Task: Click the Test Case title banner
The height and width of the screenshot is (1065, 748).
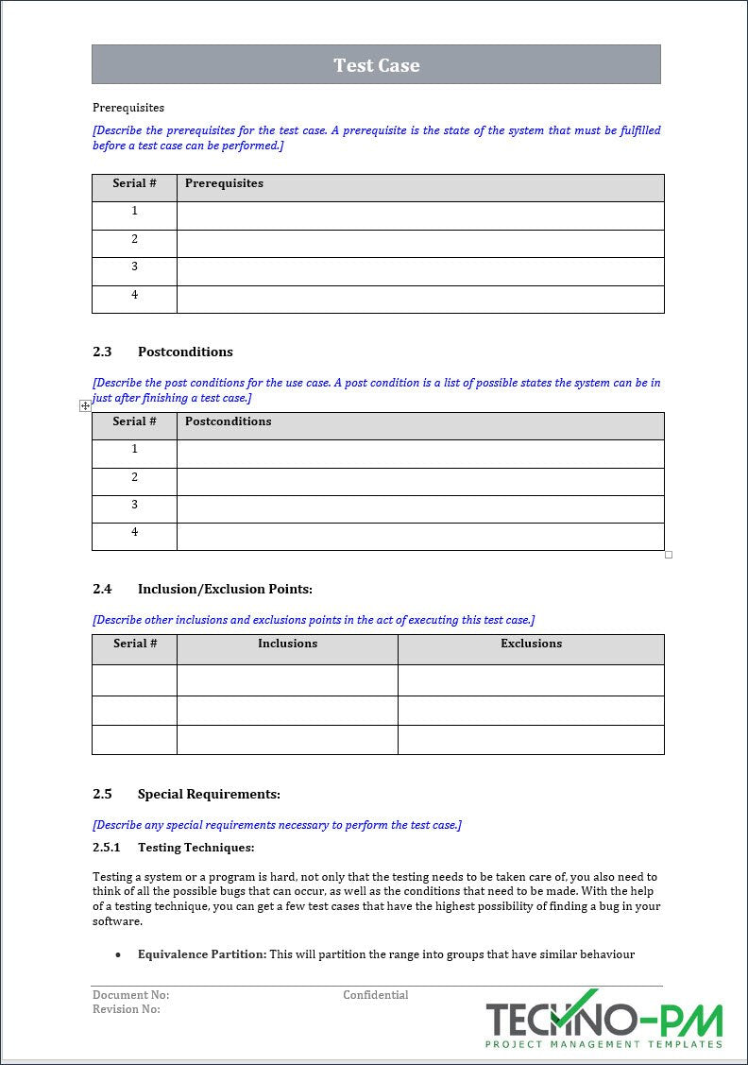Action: [376, 65]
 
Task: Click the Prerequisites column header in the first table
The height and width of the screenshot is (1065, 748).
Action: [224, 183]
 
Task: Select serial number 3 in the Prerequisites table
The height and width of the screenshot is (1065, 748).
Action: [134, 266]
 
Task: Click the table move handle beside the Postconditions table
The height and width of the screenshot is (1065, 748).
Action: [85, 405]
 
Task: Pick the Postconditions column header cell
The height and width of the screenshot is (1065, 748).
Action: [228, 421]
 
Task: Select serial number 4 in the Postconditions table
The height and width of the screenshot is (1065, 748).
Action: [134, 532]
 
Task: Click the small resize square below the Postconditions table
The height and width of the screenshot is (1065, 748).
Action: [669, 555]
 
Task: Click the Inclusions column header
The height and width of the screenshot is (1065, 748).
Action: [287, 644]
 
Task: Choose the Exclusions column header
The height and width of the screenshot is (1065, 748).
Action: [531, 644]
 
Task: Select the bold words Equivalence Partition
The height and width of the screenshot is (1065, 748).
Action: [201, 954]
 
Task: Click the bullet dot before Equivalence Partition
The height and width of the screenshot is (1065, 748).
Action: [118, 955]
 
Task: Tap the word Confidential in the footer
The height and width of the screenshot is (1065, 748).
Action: [375, 995]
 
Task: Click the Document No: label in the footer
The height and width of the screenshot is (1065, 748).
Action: [130, 995]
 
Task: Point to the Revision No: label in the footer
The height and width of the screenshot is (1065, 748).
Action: [127, 1009]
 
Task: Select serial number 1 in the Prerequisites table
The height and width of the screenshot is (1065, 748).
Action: [134, 211]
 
